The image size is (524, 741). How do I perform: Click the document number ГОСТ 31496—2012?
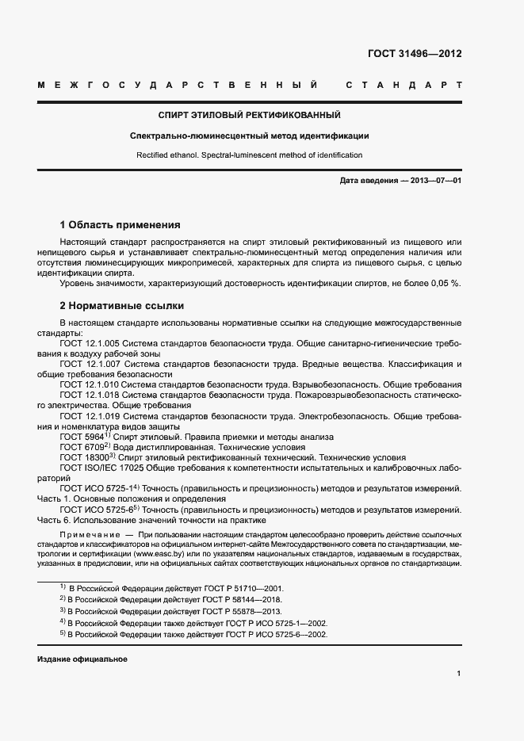click(x=415, y=54)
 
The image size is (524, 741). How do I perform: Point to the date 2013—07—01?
click(x=435, y=181)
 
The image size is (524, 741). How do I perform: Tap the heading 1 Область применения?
click(x=120, y=224)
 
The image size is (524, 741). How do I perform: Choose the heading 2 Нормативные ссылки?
click(x=122, y=305)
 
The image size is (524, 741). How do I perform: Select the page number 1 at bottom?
click(x=459, y=674)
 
